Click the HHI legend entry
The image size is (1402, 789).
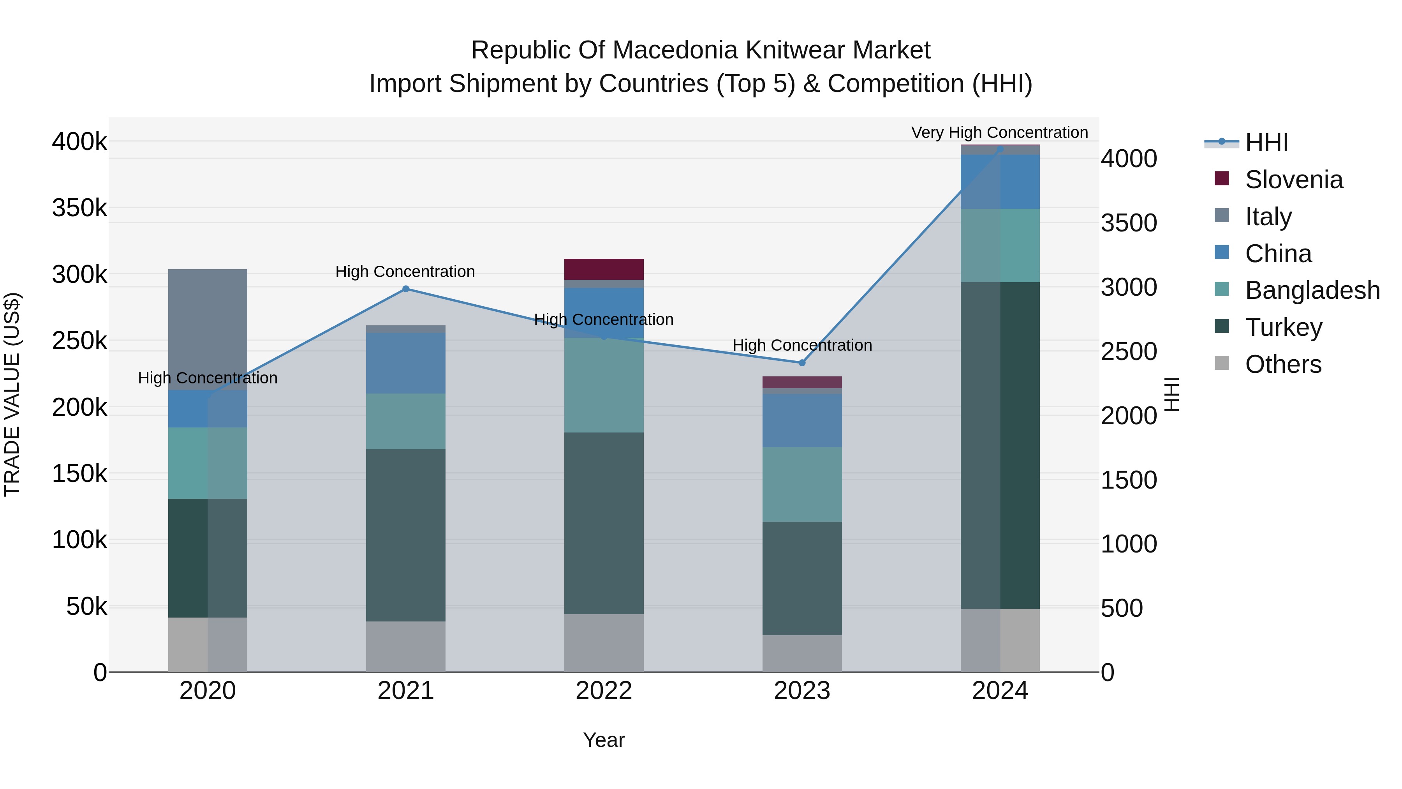[1246, 143]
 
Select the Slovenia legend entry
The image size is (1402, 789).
[1279, 179]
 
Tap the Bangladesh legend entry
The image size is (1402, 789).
[1297, 290]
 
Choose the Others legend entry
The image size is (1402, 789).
[1268, 364]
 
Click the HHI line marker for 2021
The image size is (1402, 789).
[405, 289]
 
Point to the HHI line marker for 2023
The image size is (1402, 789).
[802, 363]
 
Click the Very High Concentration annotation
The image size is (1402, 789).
[1000, 132]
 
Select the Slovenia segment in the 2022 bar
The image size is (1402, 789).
[604, 269]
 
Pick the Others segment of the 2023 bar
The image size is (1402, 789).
[802, 653]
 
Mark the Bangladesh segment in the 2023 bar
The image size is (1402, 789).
[802, 485]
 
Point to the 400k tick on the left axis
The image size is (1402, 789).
[79, 141]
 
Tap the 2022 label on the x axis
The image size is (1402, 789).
[604, 691]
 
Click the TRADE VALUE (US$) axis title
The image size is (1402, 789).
[12, 394]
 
